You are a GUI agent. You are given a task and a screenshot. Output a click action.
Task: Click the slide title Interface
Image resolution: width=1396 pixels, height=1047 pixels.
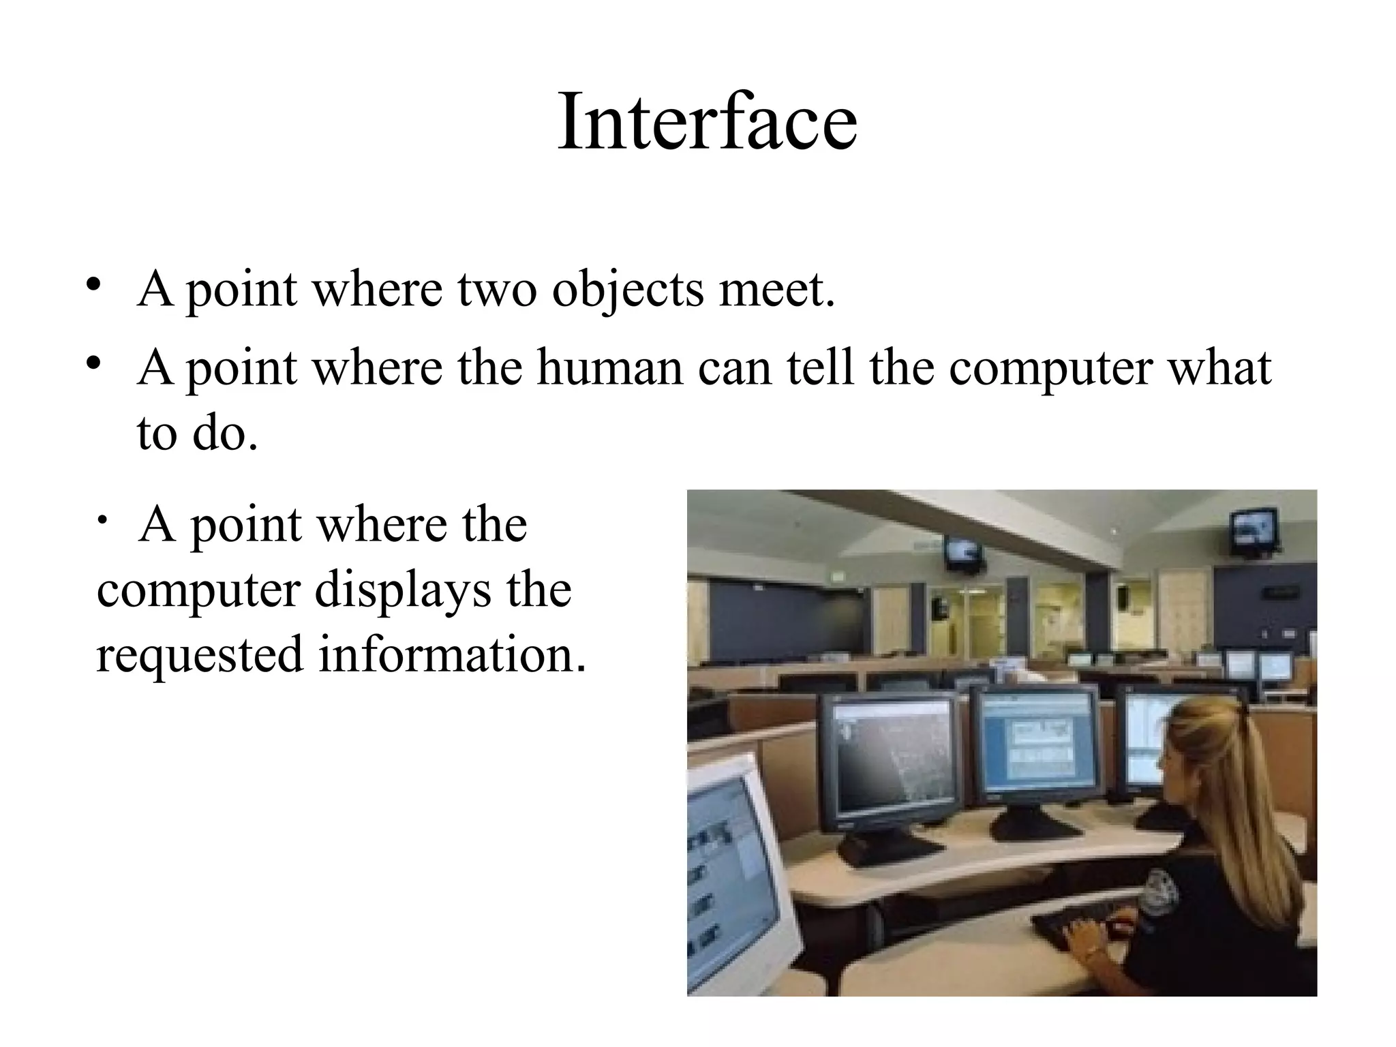[707, 123]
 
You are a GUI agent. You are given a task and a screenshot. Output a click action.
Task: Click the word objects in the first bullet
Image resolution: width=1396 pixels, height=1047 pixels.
[627, 289]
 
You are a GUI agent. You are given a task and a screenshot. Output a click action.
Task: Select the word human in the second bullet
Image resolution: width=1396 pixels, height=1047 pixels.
[609, 368]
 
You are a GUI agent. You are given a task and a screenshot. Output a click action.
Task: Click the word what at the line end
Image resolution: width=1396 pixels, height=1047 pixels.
[1219, 368]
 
